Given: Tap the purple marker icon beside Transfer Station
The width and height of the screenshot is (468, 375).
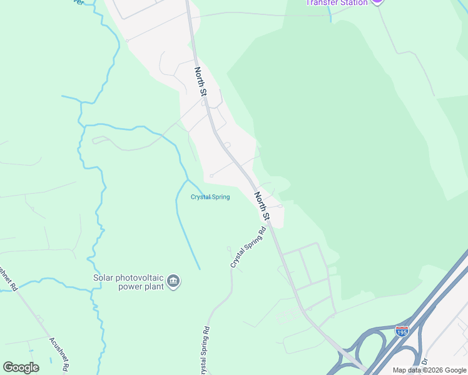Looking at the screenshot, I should tap(377, 2).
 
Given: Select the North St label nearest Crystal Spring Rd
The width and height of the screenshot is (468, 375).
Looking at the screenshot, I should tap(262, 206).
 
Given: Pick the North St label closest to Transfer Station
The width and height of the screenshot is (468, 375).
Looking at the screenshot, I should tap(200, 81).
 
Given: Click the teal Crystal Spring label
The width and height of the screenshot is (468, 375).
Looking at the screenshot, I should tap(210, 197).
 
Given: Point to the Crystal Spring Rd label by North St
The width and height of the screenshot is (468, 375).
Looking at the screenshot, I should tap(248, 247).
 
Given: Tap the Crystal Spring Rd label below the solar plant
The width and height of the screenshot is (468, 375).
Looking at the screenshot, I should tap(205, 350).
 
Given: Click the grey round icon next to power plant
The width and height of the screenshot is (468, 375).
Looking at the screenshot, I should tap(174, 282).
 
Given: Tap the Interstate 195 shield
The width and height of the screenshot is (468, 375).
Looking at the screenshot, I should tap(402, 331).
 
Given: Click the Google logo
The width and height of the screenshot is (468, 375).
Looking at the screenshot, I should tap(21, 367).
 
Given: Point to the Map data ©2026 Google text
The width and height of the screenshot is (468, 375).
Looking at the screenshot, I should tap(429, 370).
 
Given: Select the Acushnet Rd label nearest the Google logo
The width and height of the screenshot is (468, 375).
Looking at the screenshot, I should tap(61, 354).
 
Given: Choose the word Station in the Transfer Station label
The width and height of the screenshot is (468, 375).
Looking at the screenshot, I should tap(352, 2).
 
